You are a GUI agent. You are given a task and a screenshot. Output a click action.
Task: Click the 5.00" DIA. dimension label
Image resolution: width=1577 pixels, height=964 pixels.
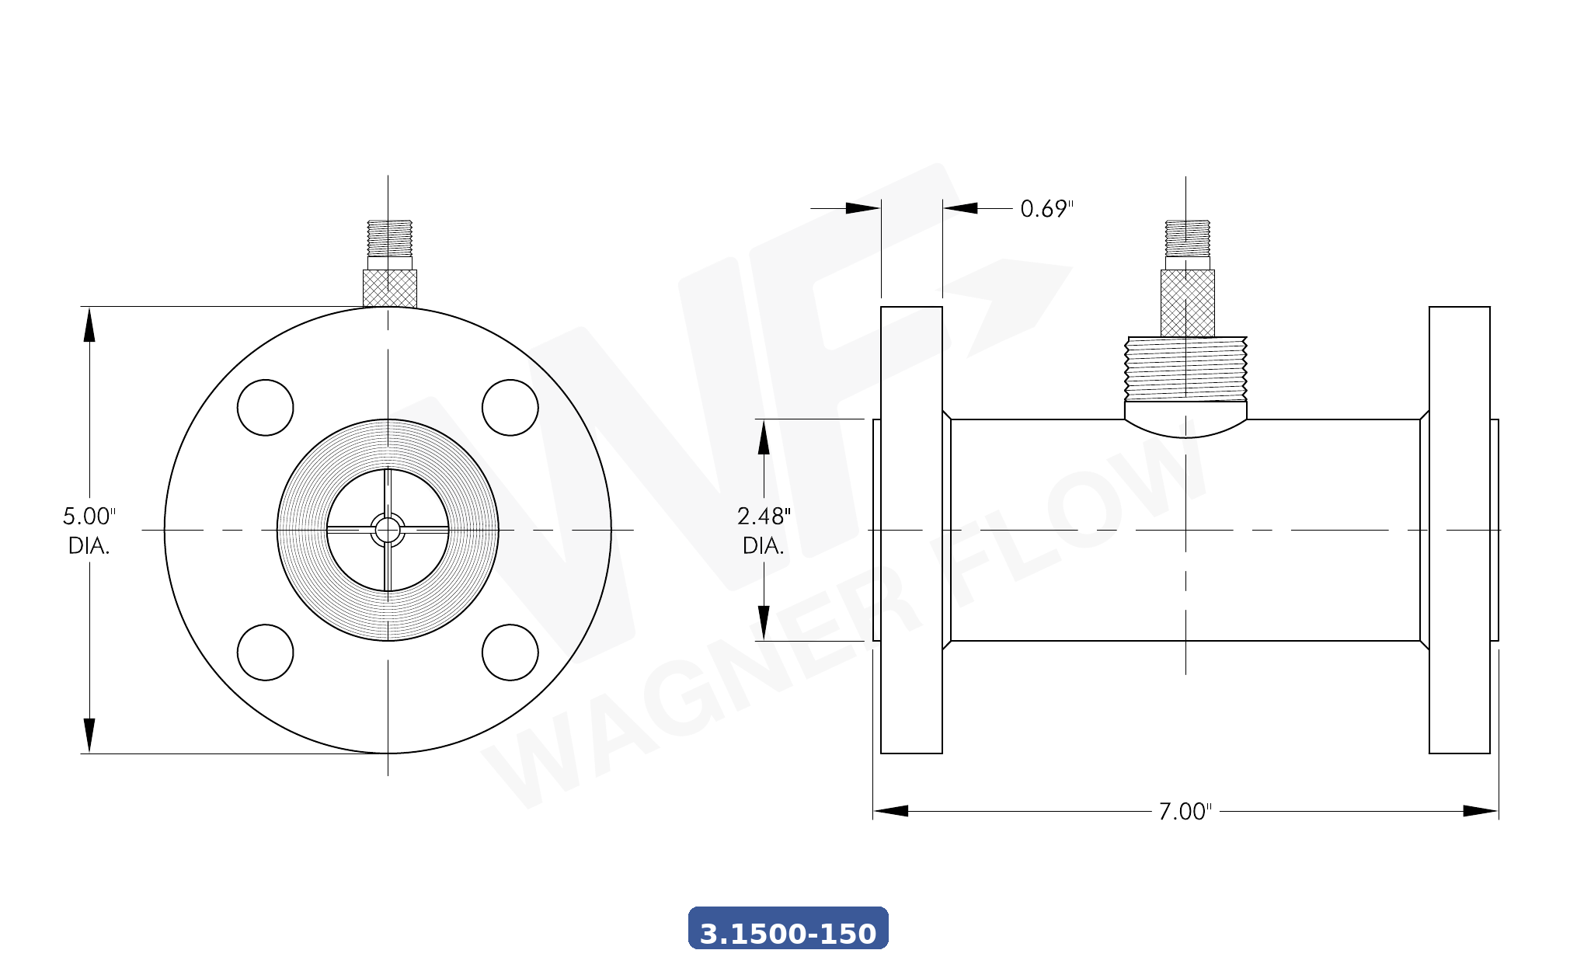point(89,531)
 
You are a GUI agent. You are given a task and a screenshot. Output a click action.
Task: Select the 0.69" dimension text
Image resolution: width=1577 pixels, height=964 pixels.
point(1046,209)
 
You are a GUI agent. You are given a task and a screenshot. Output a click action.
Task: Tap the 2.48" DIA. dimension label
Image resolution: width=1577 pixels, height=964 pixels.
point(763,531)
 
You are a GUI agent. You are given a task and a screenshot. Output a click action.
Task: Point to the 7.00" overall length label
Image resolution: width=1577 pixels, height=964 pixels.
point(1185,812)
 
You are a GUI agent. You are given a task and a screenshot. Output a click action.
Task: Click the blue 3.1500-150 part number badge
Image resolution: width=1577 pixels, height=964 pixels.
point(788,928)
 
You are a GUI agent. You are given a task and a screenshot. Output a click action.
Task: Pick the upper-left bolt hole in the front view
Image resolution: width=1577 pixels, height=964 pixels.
point(265,408)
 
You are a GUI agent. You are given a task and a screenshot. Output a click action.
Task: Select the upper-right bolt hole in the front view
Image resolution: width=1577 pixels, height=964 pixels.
point(510,408)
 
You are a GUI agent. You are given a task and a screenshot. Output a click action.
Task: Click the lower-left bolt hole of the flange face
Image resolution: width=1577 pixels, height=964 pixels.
point(265,653)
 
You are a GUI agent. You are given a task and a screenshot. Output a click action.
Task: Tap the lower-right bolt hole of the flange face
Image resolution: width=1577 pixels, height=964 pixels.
point(510,653)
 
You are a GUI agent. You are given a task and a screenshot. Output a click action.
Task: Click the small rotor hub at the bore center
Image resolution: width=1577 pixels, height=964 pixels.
point(387,531)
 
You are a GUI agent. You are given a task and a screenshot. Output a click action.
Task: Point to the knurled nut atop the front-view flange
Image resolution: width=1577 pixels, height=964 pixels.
point(390,288)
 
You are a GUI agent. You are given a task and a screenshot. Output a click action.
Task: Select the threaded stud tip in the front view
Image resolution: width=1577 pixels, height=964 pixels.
point(390,238)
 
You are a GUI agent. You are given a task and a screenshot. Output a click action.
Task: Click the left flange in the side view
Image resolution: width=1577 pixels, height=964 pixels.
point(911,531)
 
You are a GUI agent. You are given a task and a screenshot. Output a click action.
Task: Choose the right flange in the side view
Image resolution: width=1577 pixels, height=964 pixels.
point(1459,531)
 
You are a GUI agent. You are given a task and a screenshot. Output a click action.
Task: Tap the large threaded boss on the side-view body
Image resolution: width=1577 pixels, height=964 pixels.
point(1185,370)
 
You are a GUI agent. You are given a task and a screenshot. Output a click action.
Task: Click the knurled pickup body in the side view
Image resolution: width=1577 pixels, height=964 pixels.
point(1187,303)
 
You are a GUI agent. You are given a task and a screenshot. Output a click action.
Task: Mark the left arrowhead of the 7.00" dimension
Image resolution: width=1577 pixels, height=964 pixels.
point(890,811)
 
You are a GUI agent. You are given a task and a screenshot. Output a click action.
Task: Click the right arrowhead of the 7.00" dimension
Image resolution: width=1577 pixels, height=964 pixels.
point(1481,811)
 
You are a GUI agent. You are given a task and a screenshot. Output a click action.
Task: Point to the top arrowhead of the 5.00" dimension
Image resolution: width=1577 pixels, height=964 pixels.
point(89,325)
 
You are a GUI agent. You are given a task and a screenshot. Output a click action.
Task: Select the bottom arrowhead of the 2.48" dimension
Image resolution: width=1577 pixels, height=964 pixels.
point(764,623)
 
